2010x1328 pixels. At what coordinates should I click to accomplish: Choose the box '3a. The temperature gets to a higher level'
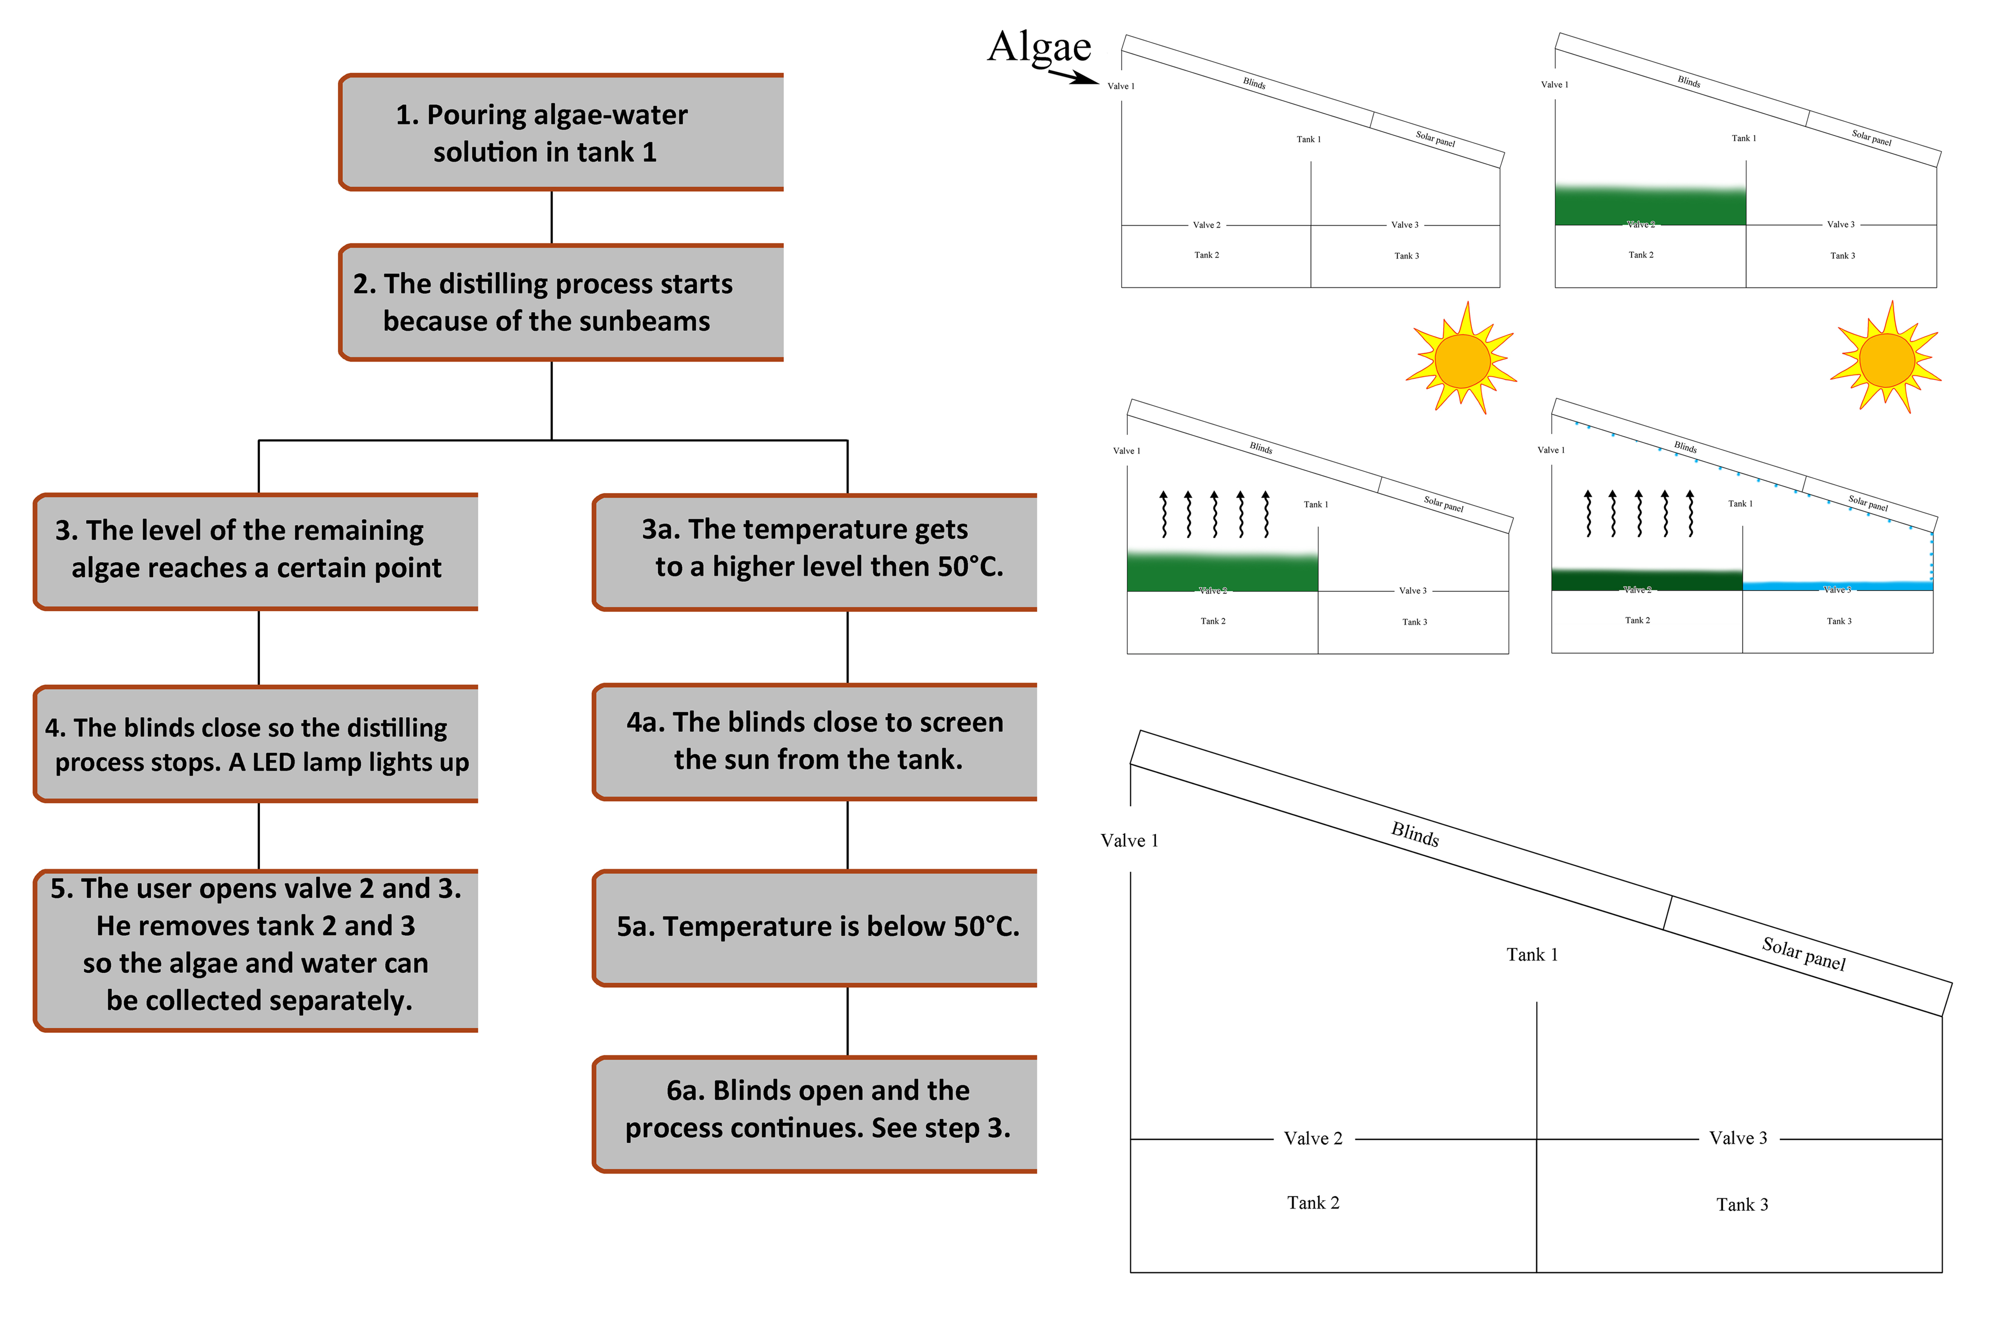pos(815,551)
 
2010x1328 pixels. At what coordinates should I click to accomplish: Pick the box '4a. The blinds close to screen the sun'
pos(815,742)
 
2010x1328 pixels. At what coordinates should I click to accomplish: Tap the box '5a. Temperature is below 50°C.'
pos(815,927)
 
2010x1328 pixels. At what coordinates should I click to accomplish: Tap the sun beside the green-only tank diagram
pos(1461,359)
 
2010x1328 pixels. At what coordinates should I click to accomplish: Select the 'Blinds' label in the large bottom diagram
pos(1415,834)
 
